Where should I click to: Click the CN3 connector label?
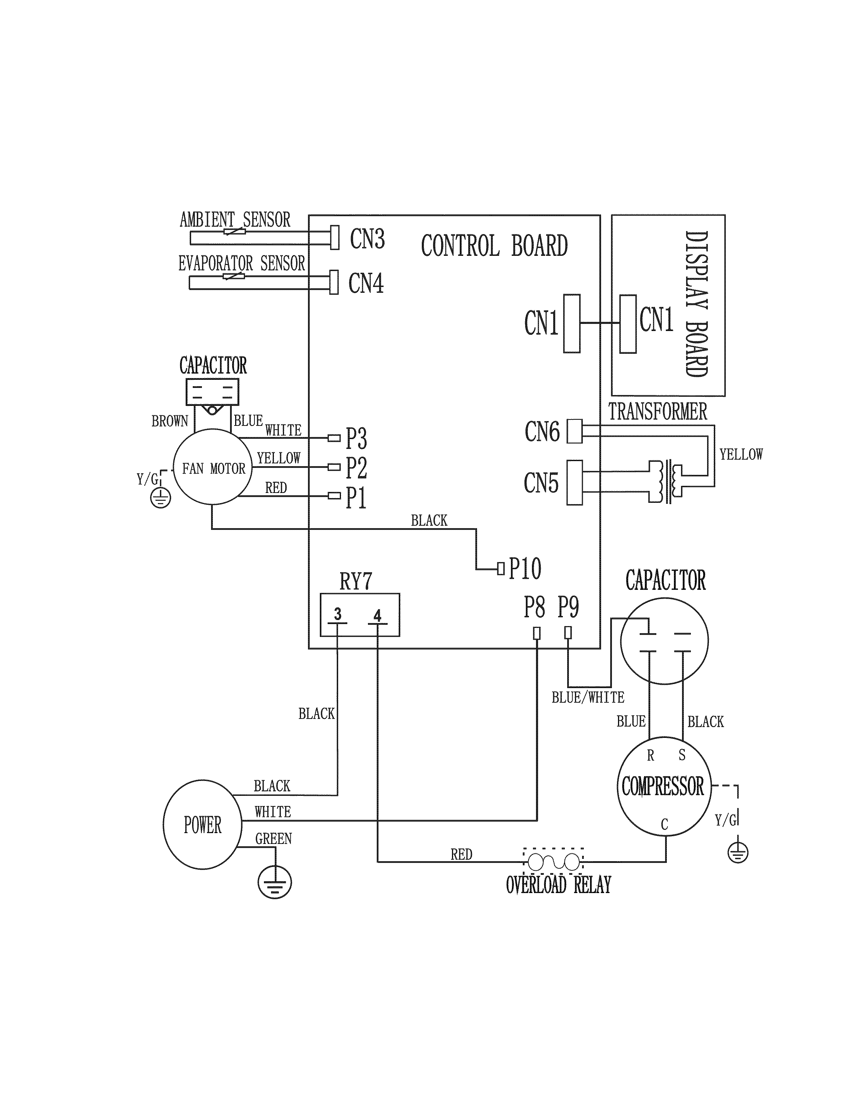tap(367, 239)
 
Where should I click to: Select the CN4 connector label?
tap(366, 283)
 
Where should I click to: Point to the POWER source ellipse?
tap(202, 825)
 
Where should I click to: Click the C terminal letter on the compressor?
tap(664, 824)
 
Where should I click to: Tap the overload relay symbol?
tap(553, 863)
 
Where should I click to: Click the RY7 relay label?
tap(356, 581)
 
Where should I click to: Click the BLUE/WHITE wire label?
tap(588, 698)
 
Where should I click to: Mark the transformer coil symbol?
tap(665, 481)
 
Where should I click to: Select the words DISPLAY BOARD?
tap(696, 304)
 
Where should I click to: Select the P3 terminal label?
tap(356, 439)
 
